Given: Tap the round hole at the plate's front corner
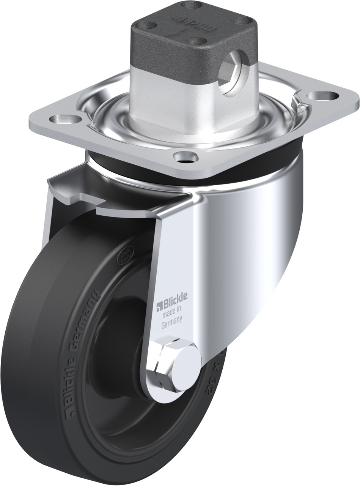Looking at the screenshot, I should (186, 157).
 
